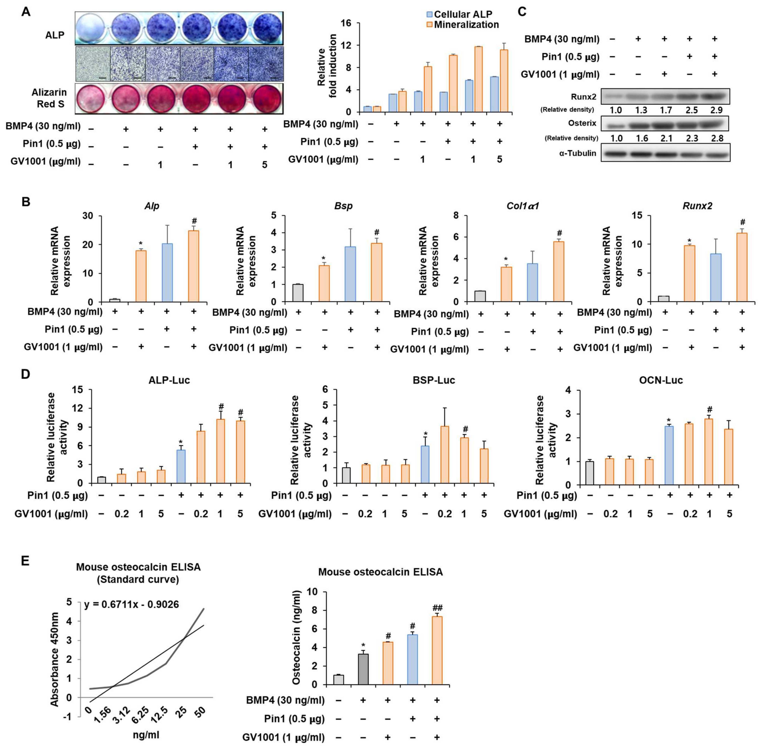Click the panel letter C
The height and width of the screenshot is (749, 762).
click(522, 11)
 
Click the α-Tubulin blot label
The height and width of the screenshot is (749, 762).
click(578, 153)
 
